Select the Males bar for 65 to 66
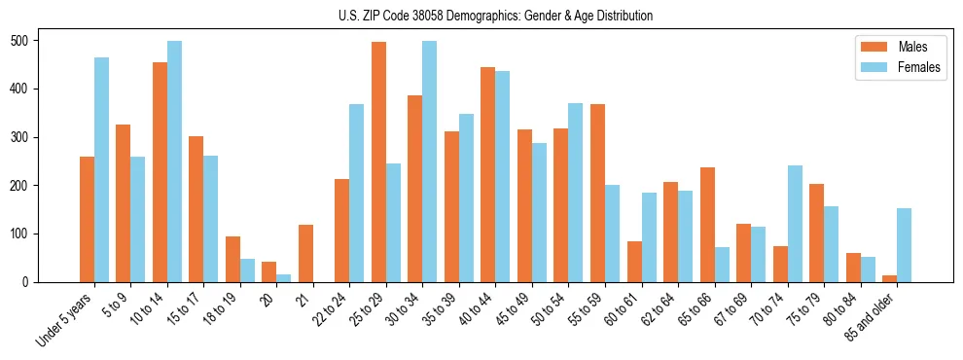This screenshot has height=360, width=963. pos(707,225)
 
